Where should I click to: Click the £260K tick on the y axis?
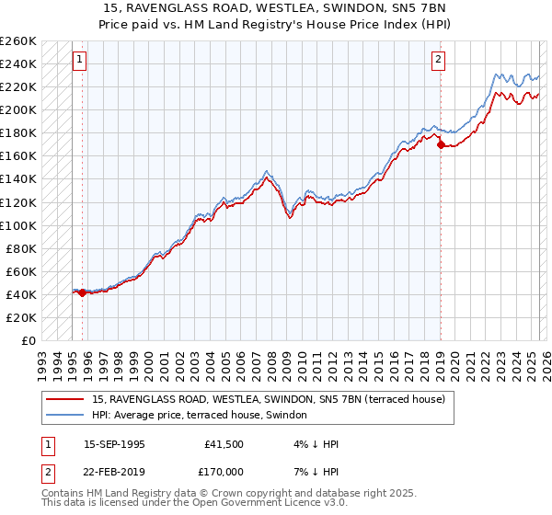pyautogui.click(x=18, y=41)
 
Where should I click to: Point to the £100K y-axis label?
pyautogui.click(x=18, y=225)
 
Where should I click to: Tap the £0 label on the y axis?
pyautogui.click(x=28, y=340)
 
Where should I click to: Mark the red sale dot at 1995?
pyautogui.click(x=83, y=292)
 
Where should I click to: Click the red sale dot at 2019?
pyautogui.click(x=441, y=144)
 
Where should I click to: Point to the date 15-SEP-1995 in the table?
pyautogui.click(x=114, y=444)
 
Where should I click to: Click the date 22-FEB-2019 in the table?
pyautogui.click(x=114, y=471)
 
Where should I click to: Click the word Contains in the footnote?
pyautogui.click(x=65, y=494)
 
